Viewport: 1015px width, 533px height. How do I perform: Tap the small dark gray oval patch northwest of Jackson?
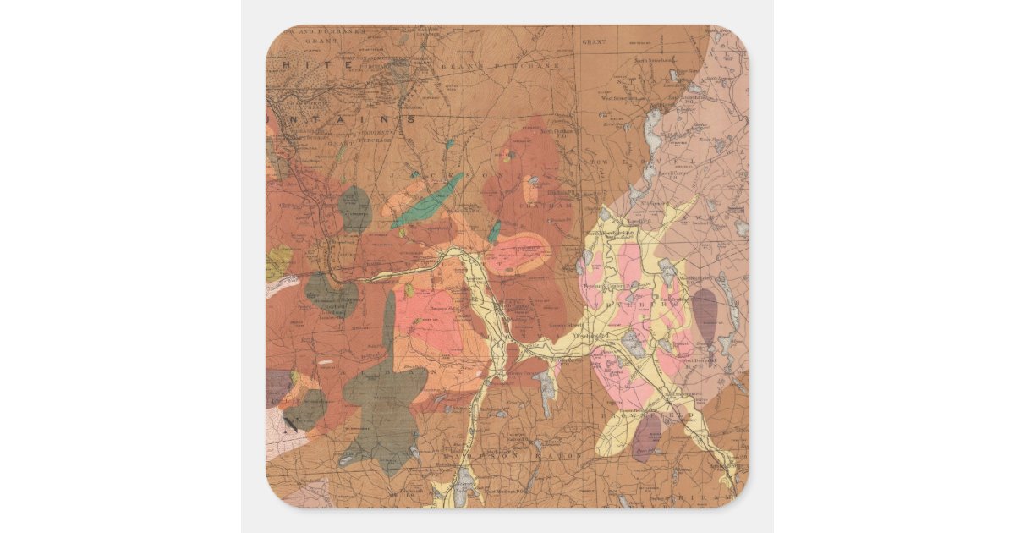click(x=354, y=209)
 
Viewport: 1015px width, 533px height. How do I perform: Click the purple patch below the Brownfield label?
click(x=647, y=435)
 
